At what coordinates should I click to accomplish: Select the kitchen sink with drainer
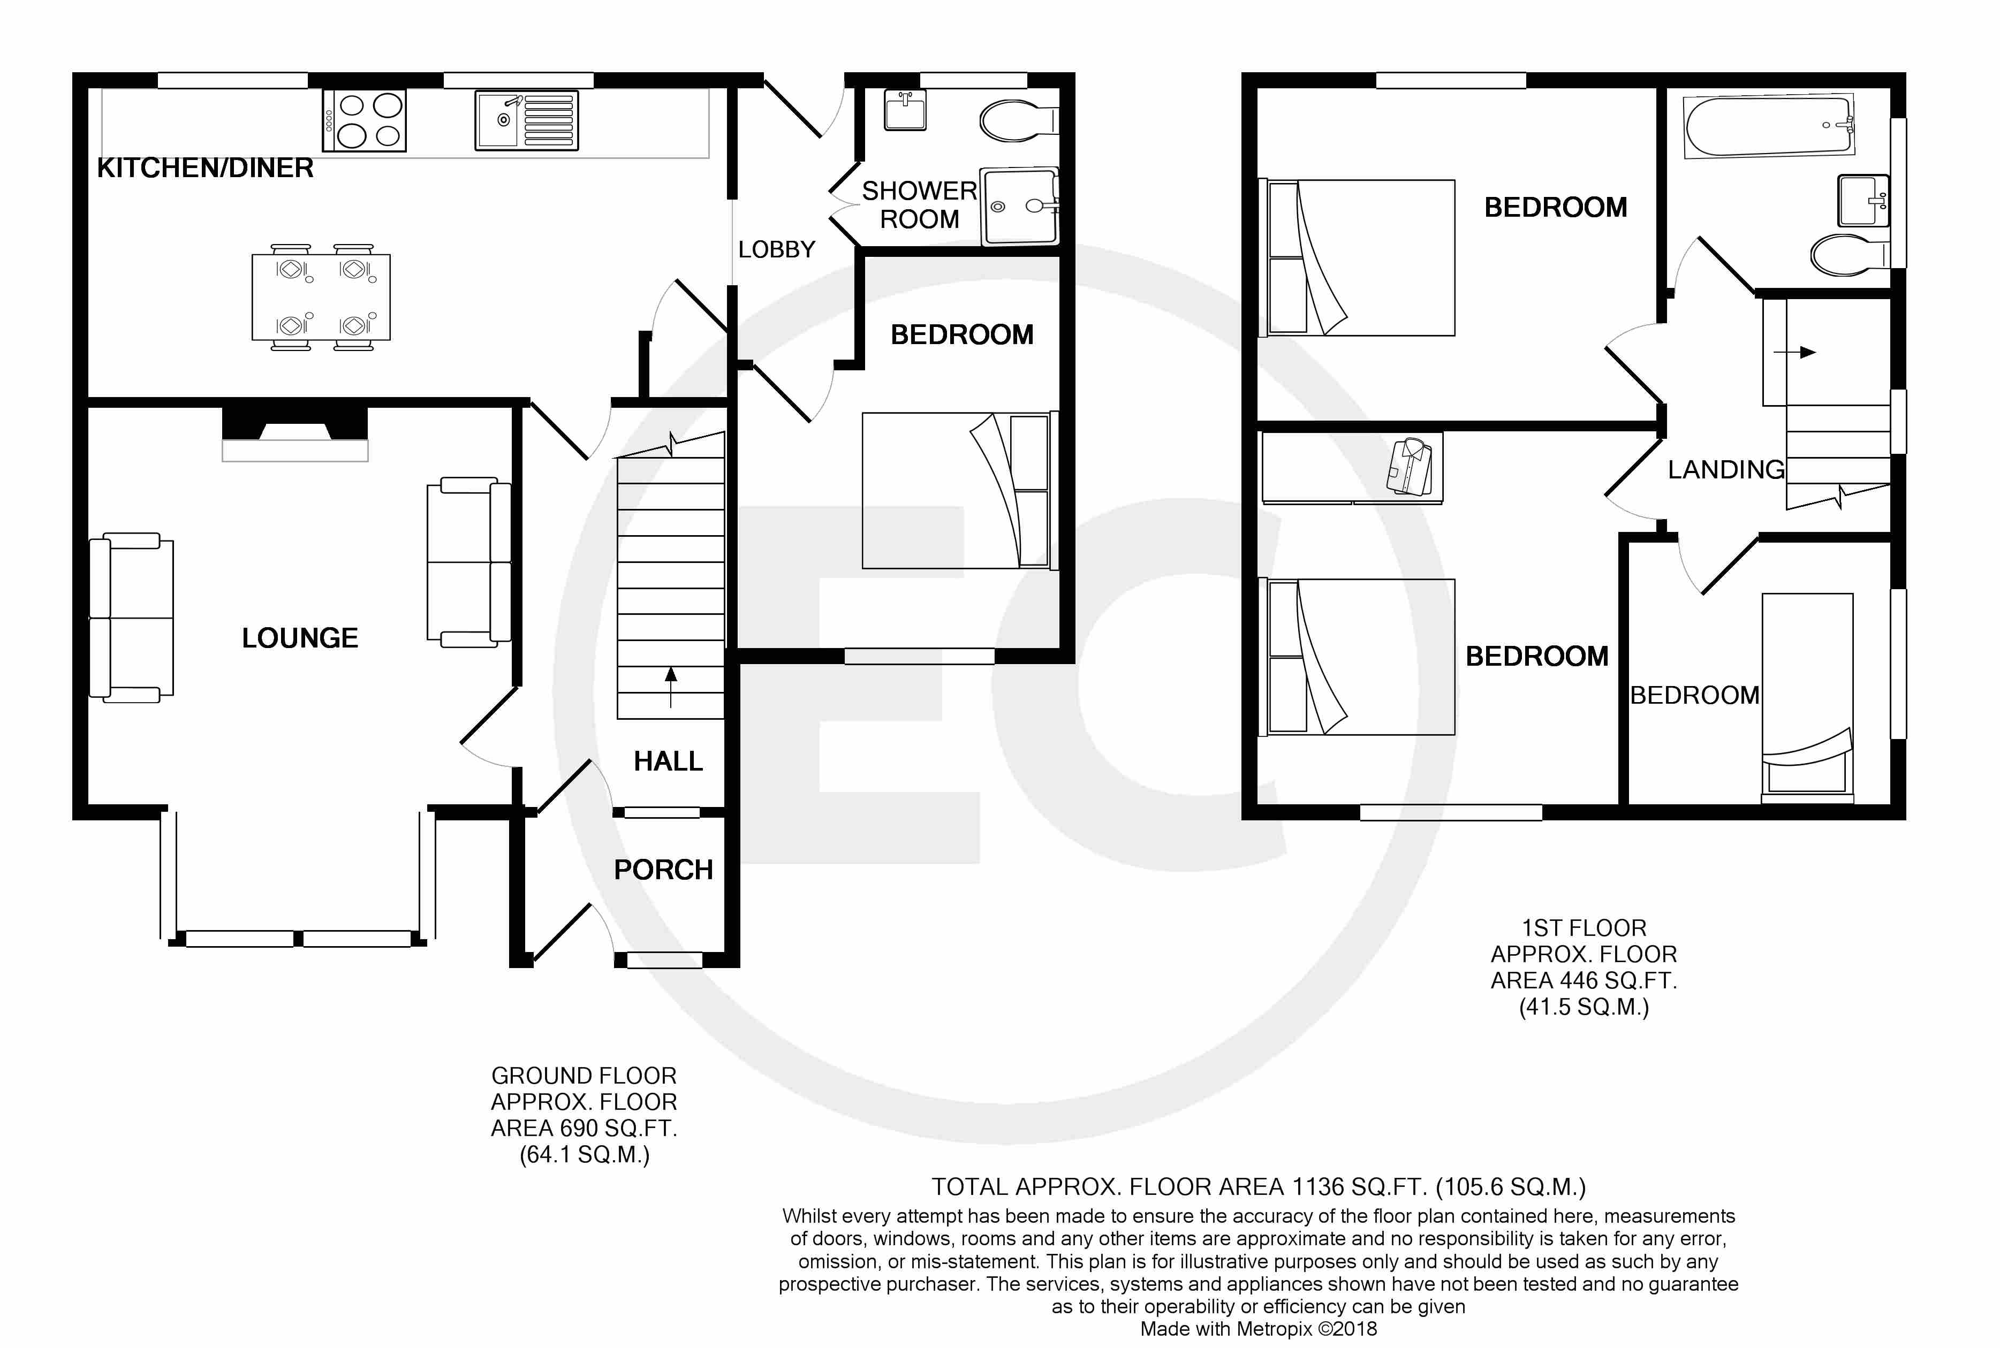[x=526, y=120]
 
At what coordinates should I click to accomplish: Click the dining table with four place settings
[x=321, y=296]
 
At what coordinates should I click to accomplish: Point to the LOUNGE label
[x=299, y=638]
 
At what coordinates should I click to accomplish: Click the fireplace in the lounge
[x=295, y=434]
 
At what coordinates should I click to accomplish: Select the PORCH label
[x=663, y=870]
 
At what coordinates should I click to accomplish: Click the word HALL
[x=668, y=761]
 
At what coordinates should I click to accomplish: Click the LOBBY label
[x=776, y=249]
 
